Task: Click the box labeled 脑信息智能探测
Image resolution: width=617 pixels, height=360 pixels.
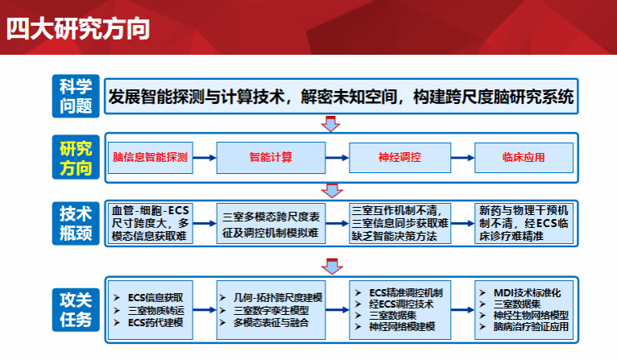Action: coord(150,156)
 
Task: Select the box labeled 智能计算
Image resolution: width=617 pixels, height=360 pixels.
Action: coord(271,156)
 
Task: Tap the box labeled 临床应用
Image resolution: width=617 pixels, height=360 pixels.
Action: coord(524,156)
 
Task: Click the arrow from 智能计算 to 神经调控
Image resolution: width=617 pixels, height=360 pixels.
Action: coord(334,157)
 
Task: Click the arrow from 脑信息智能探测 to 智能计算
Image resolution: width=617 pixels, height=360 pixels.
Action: coord(205,157)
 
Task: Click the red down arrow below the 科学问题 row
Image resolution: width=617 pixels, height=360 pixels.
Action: coord(329,123)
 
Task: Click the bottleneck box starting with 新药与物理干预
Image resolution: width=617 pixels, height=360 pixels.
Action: coord(524,222)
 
